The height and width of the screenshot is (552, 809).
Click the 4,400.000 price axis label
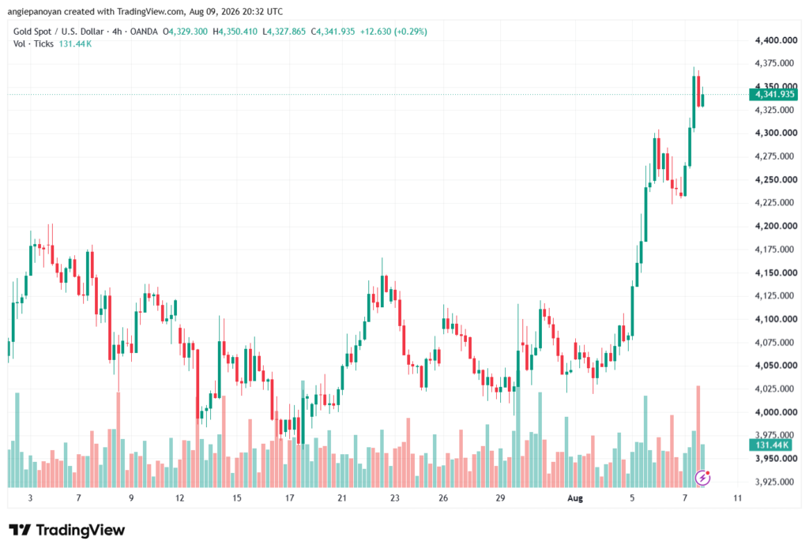[x=776, y=40]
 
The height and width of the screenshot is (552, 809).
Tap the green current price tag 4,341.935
[x=773, y=95]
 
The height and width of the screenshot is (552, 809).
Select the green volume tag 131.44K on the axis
[x=770, y=445]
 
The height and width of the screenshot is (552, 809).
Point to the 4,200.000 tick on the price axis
[x=776, y=226]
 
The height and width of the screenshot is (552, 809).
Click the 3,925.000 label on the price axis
[x=774, y=482]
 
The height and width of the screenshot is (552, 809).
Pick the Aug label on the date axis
[x=575, y=498]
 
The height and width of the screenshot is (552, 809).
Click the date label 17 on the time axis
[x=289, y=498]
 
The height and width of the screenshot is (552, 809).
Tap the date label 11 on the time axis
[x=738, y=498]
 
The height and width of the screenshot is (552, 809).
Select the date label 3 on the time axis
[x=30, y=498]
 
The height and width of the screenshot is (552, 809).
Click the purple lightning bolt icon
[x=702, y=479]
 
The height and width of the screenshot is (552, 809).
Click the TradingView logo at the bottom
[x=67, y=530]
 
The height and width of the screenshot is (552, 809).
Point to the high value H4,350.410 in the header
[x=235, y=32]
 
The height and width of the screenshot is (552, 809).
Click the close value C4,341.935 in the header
[x=333, y=32]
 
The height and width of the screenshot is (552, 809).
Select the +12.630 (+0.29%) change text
[x=393, y=32]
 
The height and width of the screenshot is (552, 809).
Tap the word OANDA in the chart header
[x=144, y=32]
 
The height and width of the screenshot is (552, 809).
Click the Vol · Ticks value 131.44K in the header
[x=75, y=44]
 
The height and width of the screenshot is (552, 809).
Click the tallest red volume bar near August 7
[x=698, y=437]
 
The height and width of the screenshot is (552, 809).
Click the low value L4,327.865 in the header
[x=284, y=32]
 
